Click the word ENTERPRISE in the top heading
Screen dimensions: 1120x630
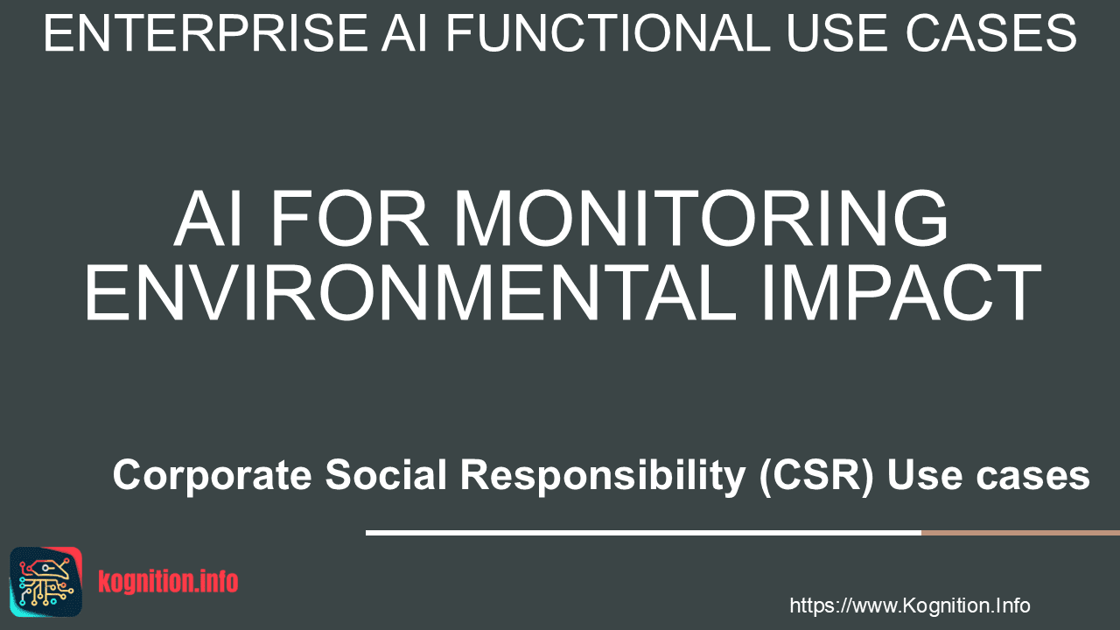pyautogui.click(x=206, y=33)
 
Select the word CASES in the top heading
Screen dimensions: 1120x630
pyautogui.click(x=991, y=33)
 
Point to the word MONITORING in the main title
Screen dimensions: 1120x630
pyautogui.click(x=701, y=218)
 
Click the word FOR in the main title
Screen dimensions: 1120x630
pyautogui.click(x=349, y=218)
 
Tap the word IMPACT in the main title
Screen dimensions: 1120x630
pyautogui.click(x=901, y=292)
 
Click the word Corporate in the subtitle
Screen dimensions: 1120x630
pyautogui.click(x=213, y=475)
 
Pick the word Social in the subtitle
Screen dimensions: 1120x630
pyautogui.click(x=386, y=474)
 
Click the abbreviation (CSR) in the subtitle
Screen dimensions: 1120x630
pyautogui.click(x=817, y=475)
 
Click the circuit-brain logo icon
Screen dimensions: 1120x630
pyautogui.click(x=46, y=582)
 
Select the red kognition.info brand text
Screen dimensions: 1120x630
pyautogui.click(x=168, y=582)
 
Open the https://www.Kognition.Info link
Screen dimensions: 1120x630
pyautogui.click(x=910, y=605)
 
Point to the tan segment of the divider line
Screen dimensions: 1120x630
pyautogui.click(x=1020, y=533)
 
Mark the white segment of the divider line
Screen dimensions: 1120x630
pyautogui.click(x=643, y=533)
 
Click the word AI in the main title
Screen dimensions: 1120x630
pyautogui.click(x=208, y=218)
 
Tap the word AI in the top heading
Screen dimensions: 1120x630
pyautogui.click(x=404, y=33)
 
